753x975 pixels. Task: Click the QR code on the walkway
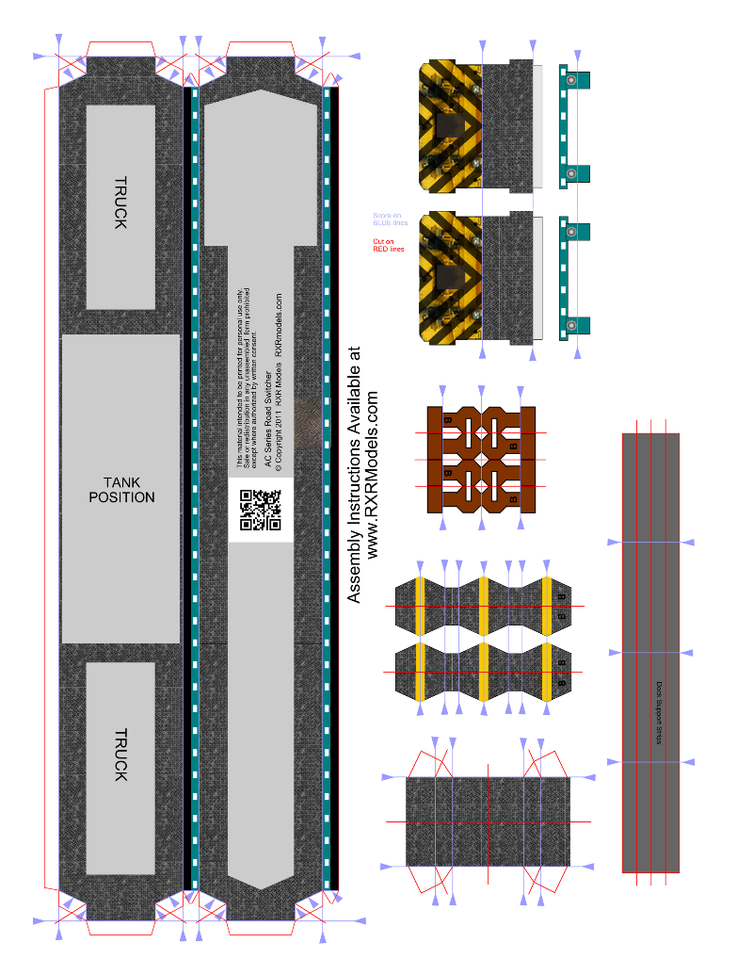(x=261, y=510)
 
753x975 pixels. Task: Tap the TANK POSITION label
(x=120, y=489)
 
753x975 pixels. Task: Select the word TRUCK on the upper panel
(x=120, y=203)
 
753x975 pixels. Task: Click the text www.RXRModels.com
(x=374, y=476)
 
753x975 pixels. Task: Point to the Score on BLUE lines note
(x=390, y=219)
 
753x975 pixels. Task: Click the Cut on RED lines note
(x=388, y=246)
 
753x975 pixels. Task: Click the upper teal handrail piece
(x=572, y=126)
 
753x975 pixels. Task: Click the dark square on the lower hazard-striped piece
(x=450, y=278)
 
